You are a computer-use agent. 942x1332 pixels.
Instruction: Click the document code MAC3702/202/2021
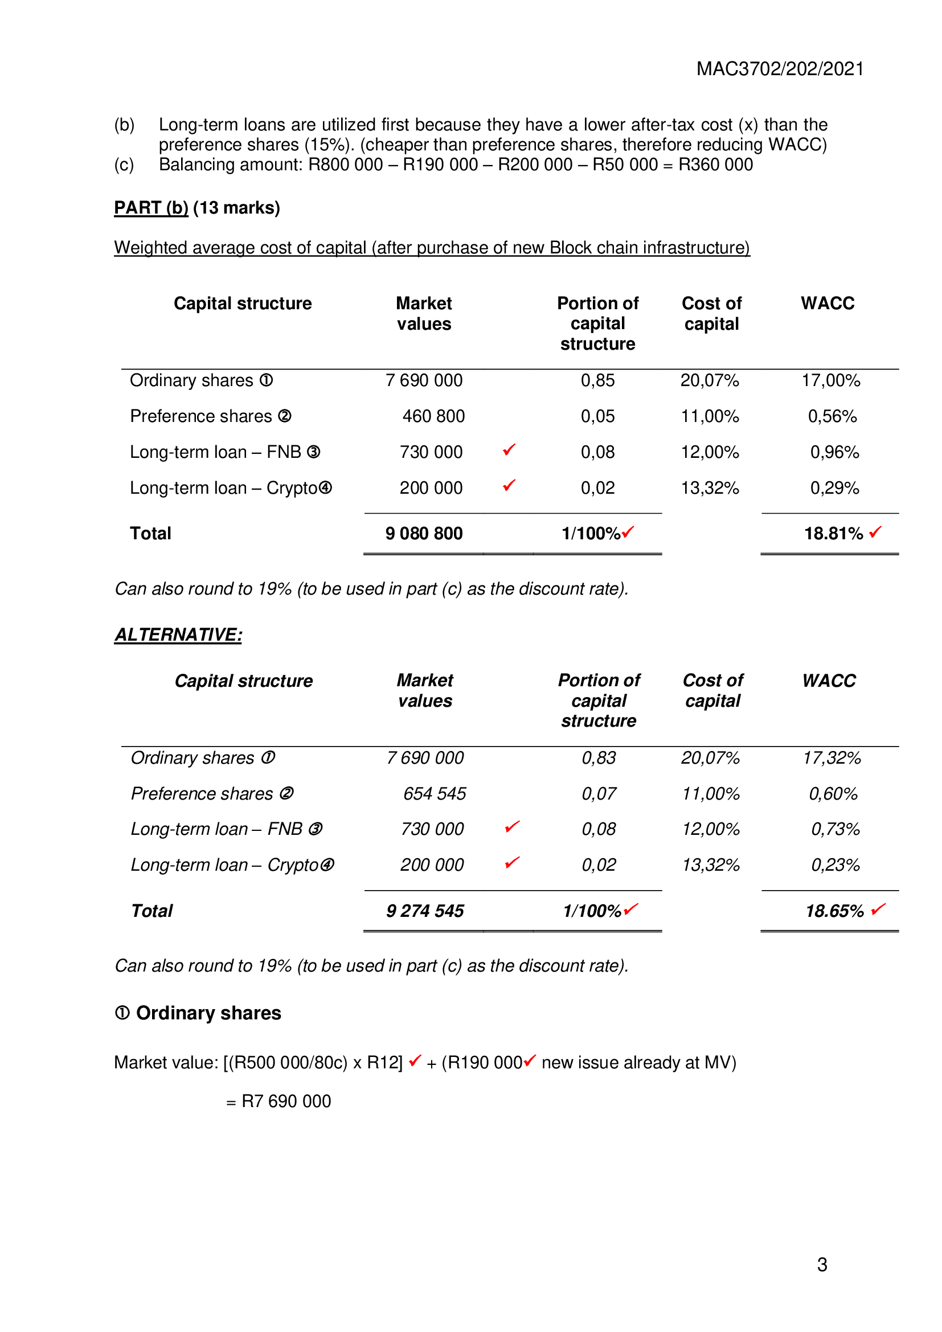780,69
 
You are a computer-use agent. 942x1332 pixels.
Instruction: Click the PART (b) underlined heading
151,208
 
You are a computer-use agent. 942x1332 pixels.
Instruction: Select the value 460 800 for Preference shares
433,416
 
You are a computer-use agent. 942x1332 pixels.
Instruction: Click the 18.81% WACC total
833,533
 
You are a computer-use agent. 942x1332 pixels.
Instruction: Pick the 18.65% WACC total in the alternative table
834,911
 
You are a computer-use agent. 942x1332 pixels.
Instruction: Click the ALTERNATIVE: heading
178,634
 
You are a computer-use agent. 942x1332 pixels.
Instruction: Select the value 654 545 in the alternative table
435,794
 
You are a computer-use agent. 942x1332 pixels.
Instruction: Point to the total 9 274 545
425,911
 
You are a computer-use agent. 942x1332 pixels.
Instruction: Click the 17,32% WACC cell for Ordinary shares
831,757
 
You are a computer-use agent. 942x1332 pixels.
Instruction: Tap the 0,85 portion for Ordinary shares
597,380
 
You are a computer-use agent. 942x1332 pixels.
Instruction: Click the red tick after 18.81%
875,531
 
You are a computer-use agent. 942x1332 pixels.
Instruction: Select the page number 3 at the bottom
822,1265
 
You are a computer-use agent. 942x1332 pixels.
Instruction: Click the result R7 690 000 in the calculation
286,1101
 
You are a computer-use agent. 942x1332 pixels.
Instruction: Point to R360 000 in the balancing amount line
715,165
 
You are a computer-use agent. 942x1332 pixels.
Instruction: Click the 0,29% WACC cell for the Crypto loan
834,488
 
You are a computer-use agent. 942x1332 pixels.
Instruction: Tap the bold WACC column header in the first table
827,304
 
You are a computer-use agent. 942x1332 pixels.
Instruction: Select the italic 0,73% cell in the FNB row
835,829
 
